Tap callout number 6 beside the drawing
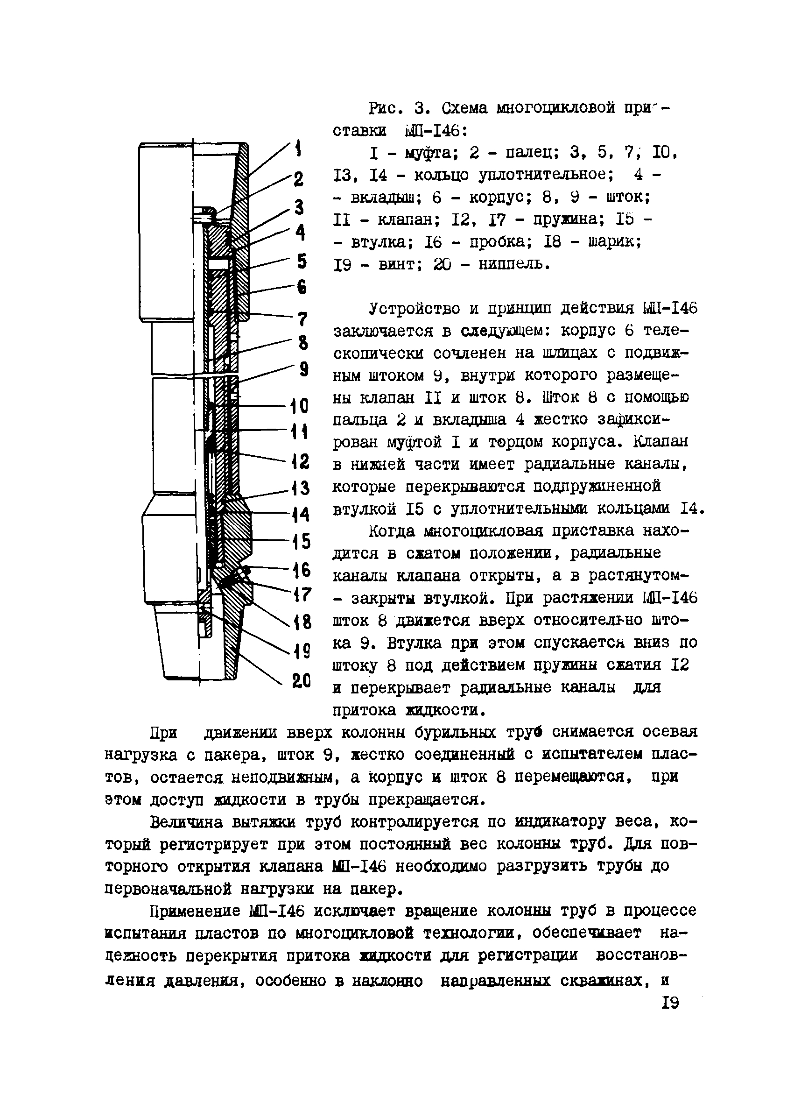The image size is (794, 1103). coord(302,287)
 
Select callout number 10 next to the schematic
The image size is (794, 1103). coord(299,406)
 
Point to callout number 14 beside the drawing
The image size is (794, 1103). coord(301,514)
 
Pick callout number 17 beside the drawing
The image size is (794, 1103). coord(301,595)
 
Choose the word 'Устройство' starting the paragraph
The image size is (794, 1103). coord(416,308)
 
